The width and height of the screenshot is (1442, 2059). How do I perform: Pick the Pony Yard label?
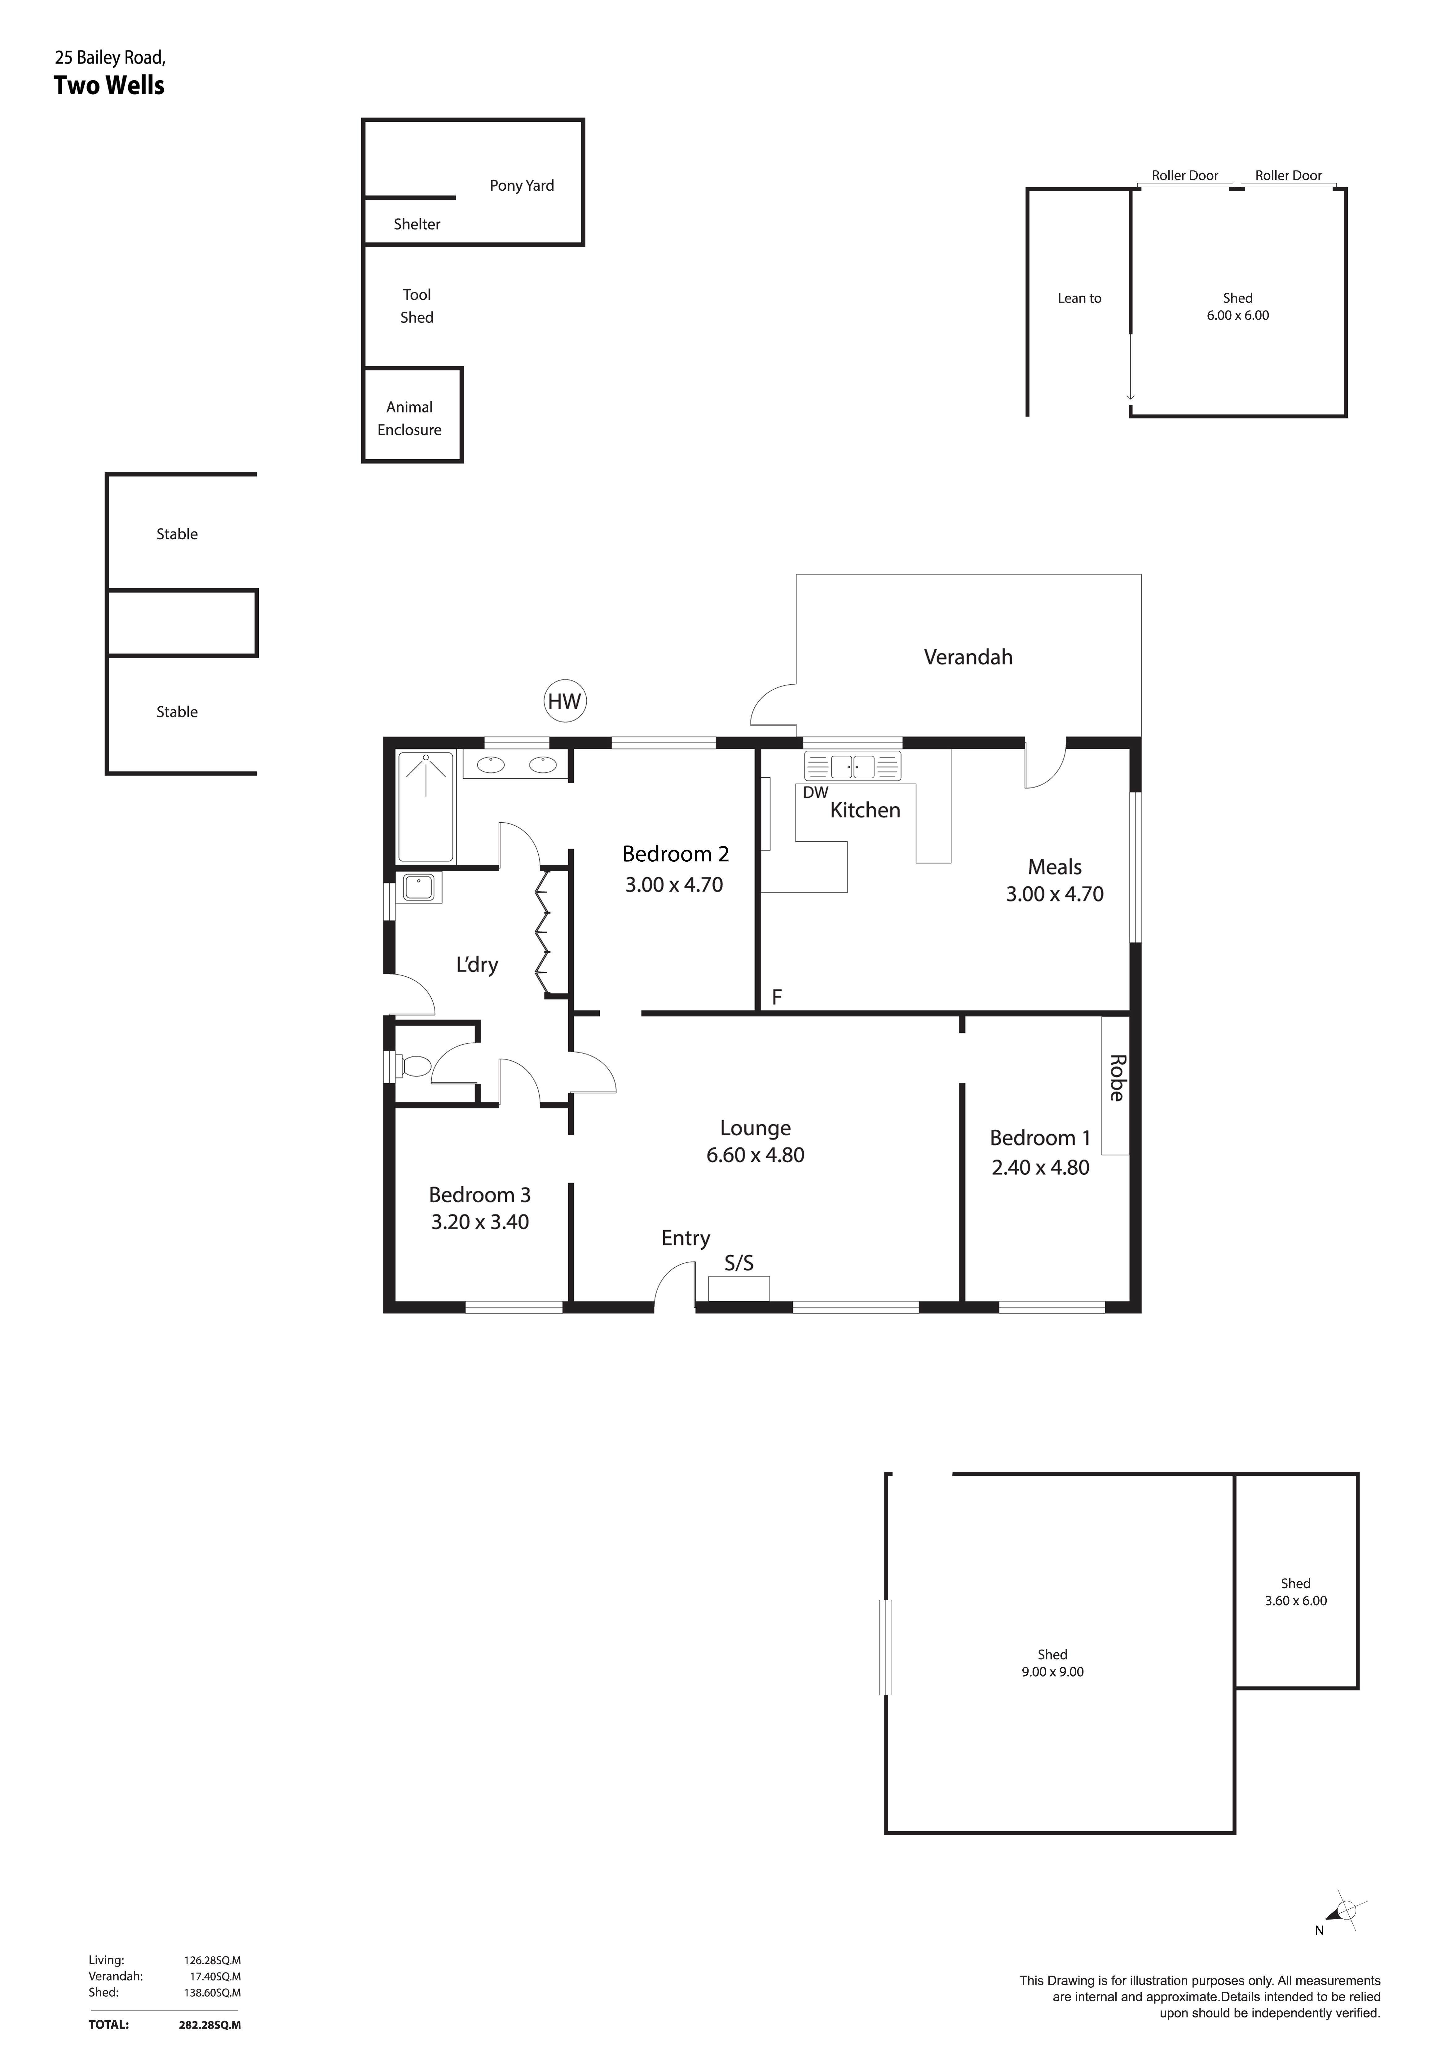click(522, 186)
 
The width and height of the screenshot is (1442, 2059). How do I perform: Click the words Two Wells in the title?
click(109, 86)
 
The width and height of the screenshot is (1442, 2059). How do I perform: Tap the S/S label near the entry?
click(739, 1264)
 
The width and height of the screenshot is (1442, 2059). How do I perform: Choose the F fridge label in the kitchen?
click(777, 996)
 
